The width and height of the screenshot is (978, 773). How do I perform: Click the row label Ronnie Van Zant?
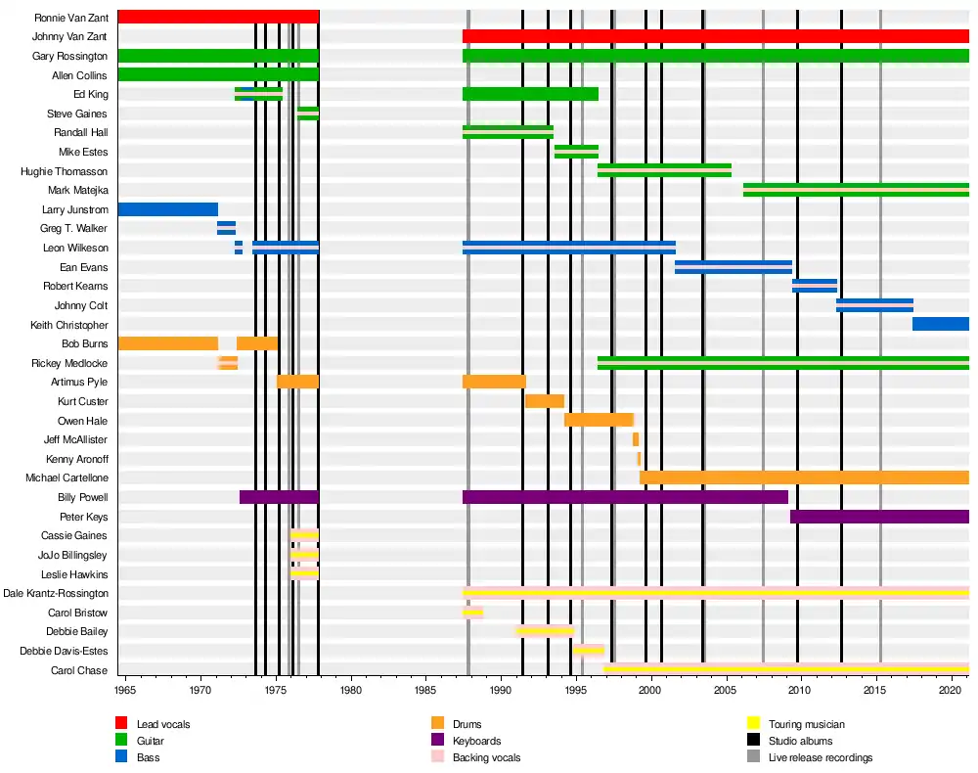click(71, 18)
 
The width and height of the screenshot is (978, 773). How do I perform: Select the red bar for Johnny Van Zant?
click(716, 36)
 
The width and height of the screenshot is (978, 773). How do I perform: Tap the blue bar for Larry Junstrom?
click(168, 209)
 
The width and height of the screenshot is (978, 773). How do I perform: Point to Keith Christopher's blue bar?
click(941, 325)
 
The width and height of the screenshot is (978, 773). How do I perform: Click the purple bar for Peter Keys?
click(879, 517)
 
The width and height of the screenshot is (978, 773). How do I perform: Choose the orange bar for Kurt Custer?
click(545, 401)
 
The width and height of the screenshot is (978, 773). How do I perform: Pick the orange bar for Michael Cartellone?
click(804, 477)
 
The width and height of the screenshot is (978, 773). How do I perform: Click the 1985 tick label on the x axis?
click(425, 690)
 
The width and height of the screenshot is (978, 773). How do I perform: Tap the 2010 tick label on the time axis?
click(799, 690)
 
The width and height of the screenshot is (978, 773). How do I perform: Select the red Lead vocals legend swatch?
click(121, 723)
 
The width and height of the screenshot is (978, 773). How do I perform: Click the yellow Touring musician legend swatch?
click(753, 723)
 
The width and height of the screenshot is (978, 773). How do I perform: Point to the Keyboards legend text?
click(476, 741)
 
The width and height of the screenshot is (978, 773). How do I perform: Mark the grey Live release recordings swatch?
click(753, 756)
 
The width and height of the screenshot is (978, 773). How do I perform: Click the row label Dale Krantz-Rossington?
click(56, 593)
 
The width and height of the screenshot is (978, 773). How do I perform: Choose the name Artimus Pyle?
click(79, 382)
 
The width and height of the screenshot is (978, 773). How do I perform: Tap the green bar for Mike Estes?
click(576, 152)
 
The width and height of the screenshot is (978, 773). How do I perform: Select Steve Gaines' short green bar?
click(308, 114)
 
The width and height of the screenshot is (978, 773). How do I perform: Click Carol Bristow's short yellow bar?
click(472, 613)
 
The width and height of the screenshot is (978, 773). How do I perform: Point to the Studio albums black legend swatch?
click(753, 740)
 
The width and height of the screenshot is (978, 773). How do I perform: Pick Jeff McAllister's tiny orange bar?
click(636, 439)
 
